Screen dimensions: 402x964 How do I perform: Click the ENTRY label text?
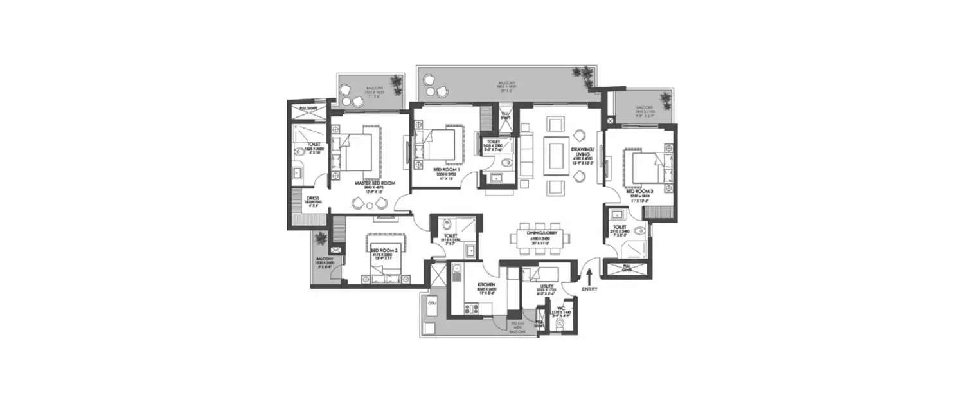(589, 289)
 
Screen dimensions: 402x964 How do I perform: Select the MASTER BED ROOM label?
(375, 183)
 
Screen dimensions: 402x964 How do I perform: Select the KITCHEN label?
(485, 284)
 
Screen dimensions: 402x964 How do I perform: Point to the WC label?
(561, 307)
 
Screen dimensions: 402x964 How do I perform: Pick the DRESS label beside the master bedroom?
(313, 199)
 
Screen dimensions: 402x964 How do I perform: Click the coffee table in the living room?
(555, 156)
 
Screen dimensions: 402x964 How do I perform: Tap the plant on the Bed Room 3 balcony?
(665, 98)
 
